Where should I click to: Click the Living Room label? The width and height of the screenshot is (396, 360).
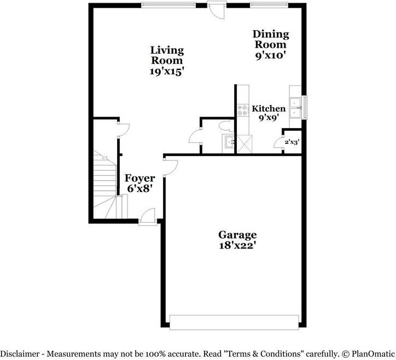tap(167, 55)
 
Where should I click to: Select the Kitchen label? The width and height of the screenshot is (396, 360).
tap(269, 109)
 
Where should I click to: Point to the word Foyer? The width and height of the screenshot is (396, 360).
tap(140, 178)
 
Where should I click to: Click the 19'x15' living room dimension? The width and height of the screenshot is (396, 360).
tap(167, 71)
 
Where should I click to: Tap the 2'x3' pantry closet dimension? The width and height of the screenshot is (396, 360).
tap(292, 142)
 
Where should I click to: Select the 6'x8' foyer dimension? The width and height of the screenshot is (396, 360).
tap(140, 188)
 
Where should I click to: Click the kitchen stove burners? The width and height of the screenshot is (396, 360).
tap(242, 108)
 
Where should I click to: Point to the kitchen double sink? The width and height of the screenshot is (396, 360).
tap(296, 107)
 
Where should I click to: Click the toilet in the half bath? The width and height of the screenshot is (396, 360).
tap(224, 126)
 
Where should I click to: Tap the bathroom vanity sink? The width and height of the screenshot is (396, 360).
tap(228, 144)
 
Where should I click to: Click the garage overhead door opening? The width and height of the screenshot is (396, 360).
tap(234, 322)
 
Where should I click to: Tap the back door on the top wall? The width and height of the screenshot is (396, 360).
tap(217, 11)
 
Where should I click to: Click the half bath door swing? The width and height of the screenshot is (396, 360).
tap(195, 136)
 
